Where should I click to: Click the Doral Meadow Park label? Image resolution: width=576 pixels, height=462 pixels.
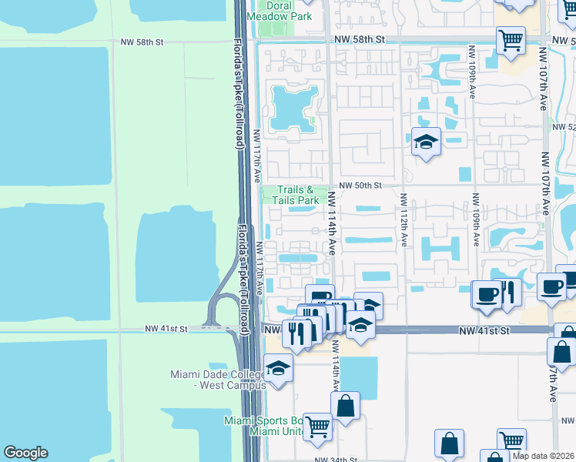click(x=283, y=11)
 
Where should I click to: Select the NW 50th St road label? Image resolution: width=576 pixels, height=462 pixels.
click(x=360, y=186)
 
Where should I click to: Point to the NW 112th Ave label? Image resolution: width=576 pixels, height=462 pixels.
click(x=404, y=220)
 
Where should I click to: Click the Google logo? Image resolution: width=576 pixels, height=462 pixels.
click(x=25, y=453)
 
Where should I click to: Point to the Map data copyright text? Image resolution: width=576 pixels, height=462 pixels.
click(x=544, y=455)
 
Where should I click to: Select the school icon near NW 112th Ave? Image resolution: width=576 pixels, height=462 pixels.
click(x=426, y=142)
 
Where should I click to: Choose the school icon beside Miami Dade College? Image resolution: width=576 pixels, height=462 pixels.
click(x=278, y=367)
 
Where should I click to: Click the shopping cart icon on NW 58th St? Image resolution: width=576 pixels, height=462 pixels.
click(x=511, y=40)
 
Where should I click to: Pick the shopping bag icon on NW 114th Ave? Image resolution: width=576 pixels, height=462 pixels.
click(x=346, y=405)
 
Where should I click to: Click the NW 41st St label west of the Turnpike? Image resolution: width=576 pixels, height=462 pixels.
click(x=166, y=329)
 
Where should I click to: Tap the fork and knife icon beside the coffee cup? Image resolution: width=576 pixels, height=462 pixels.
click(x=509, y=292)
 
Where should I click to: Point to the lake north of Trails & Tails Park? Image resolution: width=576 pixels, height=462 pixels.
click(x=293, y=107)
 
